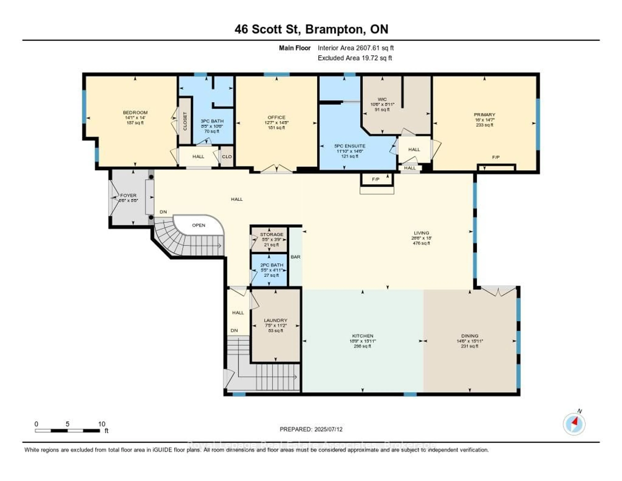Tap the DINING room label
coord(470,336)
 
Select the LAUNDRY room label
coord(275,320)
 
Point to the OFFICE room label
coord(276,117)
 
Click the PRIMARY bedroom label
coord(484,115)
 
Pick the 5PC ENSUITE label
coord(350,146)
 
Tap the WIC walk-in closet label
coord(382,99)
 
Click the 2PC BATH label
coord(272,265)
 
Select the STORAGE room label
coord(271,234)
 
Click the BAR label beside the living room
coord(295,257)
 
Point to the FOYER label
coord(128,195)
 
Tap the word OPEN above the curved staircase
coord(198,225)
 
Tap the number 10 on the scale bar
coord(102,424)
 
